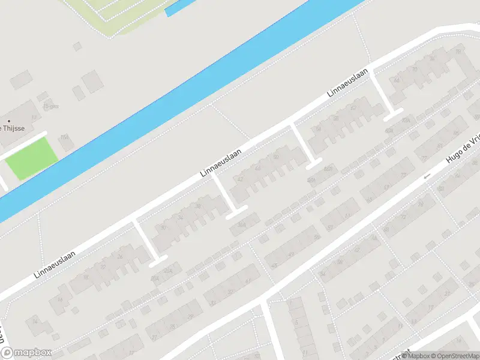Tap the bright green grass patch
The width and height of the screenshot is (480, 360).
[x=32, y=158]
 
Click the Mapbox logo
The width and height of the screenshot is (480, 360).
[x=26, y=353]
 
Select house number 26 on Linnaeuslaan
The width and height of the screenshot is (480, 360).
[x=120, y=257]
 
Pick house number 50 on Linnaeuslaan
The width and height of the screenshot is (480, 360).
[x=275, y=157]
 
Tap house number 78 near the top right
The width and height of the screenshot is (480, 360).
[x=458, y=51]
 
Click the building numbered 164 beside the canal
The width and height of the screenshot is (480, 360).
[x=65, y=137]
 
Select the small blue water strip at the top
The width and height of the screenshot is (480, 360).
[x=180, y=7]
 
